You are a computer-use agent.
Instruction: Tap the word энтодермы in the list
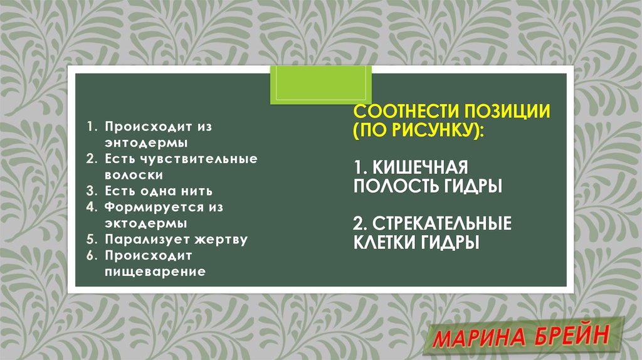click(140, 142)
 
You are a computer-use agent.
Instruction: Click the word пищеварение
click(155, 272)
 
